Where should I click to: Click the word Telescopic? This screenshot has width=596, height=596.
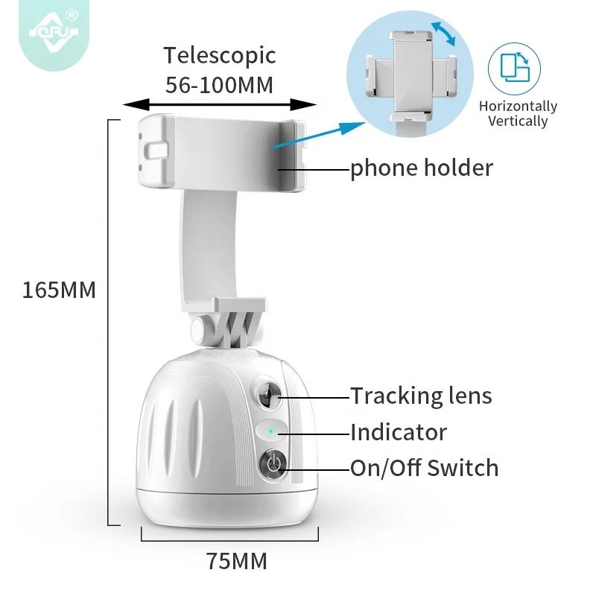220,56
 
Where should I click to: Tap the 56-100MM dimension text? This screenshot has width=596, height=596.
220,84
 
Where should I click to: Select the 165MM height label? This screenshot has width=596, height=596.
60,290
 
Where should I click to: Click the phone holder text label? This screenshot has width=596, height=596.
422,168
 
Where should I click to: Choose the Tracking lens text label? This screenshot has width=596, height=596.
422,396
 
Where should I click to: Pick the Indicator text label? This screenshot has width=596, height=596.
399,432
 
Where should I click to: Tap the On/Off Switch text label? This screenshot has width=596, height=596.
425,468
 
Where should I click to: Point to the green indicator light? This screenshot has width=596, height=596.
271,431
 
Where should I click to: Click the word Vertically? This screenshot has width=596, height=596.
519,121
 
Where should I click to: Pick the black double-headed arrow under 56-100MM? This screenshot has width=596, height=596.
220,104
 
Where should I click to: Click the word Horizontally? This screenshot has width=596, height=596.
519,107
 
